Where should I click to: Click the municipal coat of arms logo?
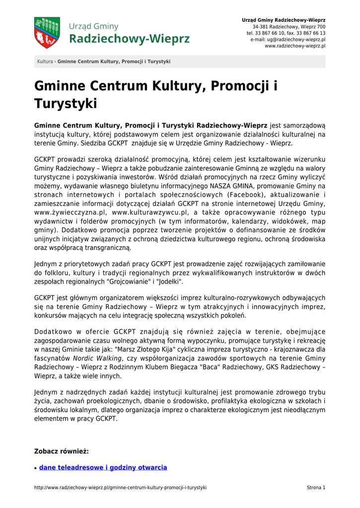pos(47,33)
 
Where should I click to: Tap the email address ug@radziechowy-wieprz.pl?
pos(288,39)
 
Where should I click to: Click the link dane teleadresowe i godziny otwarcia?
pos(103,467)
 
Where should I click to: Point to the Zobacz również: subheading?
pos(61,451)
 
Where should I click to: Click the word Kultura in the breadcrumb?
pos(45,62)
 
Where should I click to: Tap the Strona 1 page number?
pos(316,488)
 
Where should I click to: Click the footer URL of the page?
pos(120,488)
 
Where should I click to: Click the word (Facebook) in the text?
pos(245,194)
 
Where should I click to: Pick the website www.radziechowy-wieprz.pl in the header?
pos(295,46)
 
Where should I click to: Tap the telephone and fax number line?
pos(286,33)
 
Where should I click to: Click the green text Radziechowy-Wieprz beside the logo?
pos(130,39)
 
